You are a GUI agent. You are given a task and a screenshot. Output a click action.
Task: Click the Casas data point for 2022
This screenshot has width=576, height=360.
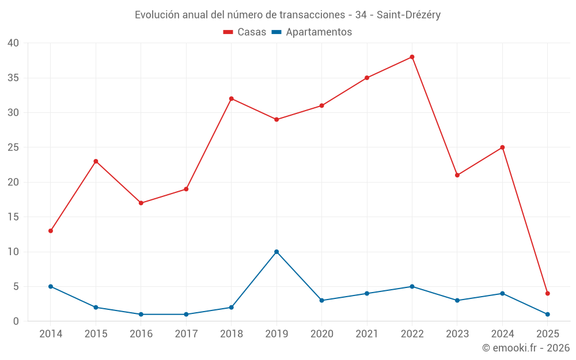pyautogui.click(x=412, y=57)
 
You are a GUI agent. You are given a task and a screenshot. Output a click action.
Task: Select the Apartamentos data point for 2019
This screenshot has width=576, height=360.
pyautogui.click(x=276, y=252)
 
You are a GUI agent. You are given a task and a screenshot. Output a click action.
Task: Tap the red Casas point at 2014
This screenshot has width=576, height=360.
pyautogui.click(x=51, y=231)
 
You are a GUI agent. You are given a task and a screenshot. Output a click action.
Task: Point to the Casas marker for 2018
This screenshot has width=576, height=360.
pyautogui.click(x=232, y=98)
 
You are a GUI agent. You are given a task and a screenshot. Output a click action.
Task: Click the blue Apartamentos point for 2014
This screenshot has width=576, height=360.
pyautogui.click(x=51, y=286)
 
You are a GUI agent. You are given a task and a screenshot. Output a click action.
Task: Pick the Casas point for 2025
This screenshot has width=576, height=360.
pyautogui.click(x=548, y=294)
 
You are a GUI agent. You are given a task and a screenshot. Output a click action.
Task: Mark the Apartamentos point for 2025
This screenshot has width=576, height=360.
pyautogui.click(x=548, y=314)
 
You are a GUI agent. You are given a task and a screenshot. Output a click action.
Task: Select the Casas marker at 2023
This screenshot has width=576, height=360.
pyautogui.click(x=457, y=175)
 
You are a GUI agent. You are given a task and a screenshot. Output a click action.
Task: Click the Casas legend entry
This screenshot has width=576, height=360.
pyautogui.click(x=245, y=32)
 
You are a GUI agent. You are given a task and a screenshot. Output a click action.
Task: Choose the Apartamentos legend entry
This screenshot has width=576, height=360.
pyautogui.click(x=312, y=32)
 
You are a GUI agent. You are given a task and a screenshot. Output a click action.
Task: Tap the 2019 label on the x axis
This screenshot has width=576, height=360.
pyautogui.click(x=276, y=334)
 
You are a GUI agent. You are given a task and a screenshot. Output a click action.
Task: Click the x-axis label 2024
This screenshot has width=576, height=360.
pyautogui.click(x=502, y=334)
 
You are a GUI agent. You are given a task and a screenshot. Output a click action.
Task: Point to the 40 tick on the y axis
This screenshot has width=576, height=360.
pyautogui.click(x=13, y=43)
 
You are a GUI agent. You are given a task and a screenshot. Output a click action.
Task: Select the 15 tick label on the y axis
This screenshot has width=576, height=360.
pyautogui.click(x=13, y=217)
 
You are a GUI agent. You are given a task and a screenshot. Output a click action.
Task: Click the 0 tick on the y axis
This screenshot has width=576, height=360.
pyautogui.click(x=16, y=321)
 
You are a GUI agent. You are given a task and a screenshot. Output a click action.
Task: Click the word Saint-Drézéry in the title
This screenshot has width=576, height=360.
pyautogui.click(x=408, y=15)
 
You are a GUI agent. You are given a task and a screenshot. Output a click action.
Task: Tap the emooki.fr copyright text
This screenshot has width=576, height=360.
pyautogui.click(x=526, y=348)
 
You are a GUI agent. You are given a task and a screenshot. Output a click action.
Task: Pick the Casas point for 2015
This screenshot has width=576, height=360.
pyautogui.click(x=96, y=161)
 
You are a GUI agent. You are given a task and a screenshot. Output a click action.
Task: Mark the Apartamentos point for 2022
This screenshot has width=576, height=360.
pyautogui.click(x=412, y=286)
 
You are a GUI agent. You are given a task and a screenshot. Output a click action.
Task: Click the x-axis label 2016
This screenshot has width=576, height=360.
pyautogui.click(x=141, y=334)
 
